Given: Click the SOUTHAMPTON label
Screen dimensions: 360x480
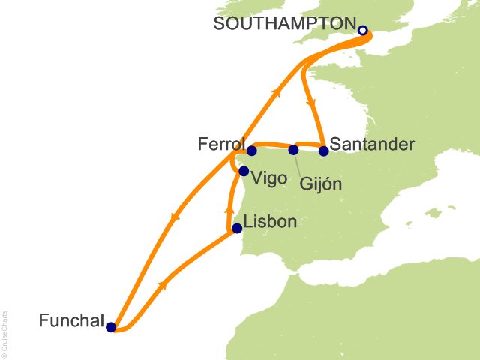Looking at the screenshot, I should pyautogui.click(x=283, y=23).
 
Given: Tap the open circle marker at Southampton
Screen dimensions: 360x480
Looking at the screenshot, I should pyautogui.click(x=363, y=31).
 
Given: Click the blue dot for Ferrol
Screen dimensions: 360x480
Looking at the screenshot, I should pyautogui.click(x=252, y=151).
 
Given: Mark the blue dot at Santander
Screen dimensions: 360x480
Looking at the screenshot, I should pyautogui.click(x=323, y=151).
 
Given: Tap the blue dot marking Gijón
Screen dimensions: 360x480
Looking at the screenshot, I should pyautogui.click(x=293, y=150).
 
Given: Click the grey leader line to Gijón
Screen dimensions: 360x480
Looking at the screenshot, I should pyautogui.click(x=300, y=163).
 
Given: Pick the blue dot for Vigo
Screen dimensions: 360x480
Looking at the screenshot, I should pyautogui.click(x=243, y=171).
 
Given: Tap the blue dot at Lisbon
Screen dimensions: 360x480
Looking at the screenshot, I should pyautogui.click(x=237, y=229).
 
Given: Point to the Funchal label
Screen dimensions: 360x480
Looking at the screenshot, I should pyautogui.click(x=71, y=320).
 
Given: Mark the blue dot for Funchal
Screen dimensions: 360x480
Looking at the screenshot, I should pyautogui.click(x=111, y=327).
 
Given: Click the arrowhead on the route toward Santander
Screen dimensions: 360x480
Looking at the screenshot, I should pyautogui.click(x=310, y=105).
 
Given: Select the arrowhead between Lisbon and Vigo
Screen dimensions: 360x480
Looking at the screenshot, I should pyautogui.click(x=229, y=211).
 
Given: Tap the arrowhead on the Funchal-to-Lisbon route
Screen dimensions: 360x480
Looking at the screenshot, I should pyautogui.click(x=163, y=285).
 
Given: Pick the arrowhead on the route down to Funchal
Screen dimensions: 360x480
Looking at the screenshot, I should pyautogui.click(x=175, y=218).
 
